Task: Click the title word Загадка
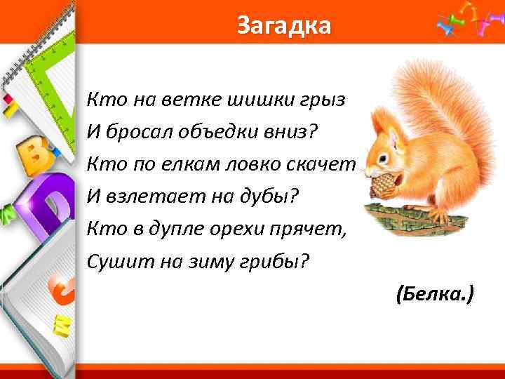pos(283,26)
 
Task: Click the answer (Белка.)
pos(435,294)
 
